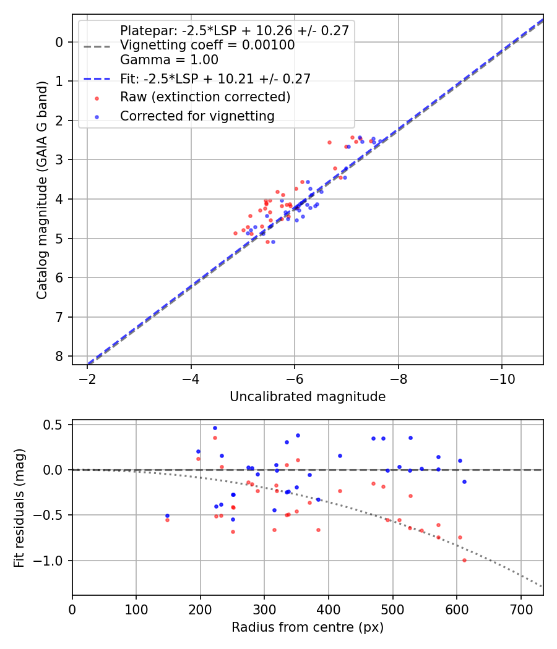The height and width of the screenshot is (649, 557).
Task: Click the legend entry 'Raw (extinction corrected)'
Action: pos(205,97)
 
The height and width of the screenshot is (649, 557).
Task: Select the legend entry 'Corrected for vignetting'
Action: pos(197,116)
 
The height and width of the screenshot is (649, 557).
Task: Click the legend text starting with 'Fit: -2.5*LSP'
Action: pos(215,78)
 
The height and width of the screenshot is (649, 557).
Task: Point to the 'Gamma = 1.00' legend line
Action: pos(169,60)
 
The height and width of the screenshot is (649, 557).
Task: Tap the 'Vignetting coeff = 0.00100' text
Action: pos(207,45)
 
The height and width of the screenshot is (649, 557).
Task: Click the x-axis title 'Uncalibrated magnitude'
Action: pos(308,397)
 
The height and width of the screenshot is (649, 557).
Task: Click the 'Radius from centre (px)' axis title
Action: pos(308,627)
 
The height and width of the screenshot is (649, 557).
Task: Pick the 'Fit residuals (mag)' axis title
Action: pos(19,507)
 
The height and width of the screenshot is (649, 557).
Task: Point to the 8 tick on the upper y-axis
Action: pos(59,357)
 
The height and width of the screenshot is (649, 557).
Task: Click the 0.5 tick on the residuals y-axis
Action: pos(56,425)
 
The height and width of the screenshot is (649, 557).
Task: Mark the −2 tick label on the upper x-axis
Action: pos(87,378)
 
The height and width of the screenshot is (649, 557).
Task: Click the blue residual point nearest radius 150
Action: pos(167,515)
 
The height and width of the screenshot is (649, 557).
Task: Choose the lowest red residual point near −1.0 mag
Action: pos(464,560)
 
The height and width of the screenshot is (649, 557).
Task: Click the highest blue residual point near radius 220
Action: pos(215,428)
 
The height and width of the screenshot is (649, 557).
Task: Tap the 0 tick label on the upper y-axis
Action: pos(59,42)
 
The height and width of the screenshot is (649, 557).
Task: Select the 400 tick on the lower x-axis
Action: pos(329,609)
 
